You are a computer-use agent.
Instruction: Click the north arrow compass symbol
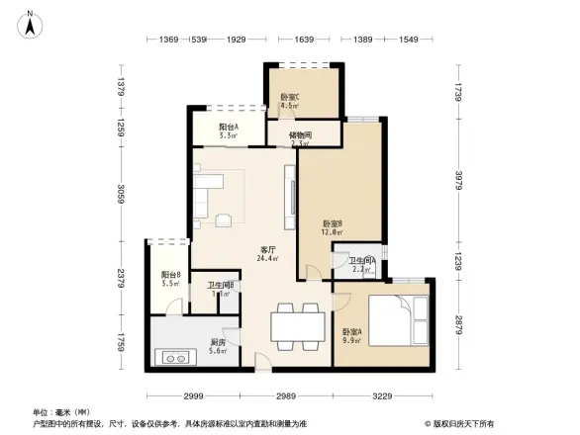(31, 23)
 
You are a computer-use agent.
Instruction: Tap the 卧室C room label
(290, 101)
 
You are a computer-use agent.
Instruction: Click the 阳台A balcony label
(230, 131)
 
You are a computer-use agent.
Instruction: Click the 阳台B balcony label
(170, 280)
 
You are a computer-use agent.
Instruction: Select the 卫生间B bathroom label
(220, 290)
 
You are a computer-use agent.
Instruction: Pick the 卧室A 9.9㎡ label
(351, 336)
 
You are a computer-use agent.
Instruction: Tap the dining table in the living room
(297, 323)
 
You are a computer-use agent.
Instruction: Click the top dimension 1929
(236, 40)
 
